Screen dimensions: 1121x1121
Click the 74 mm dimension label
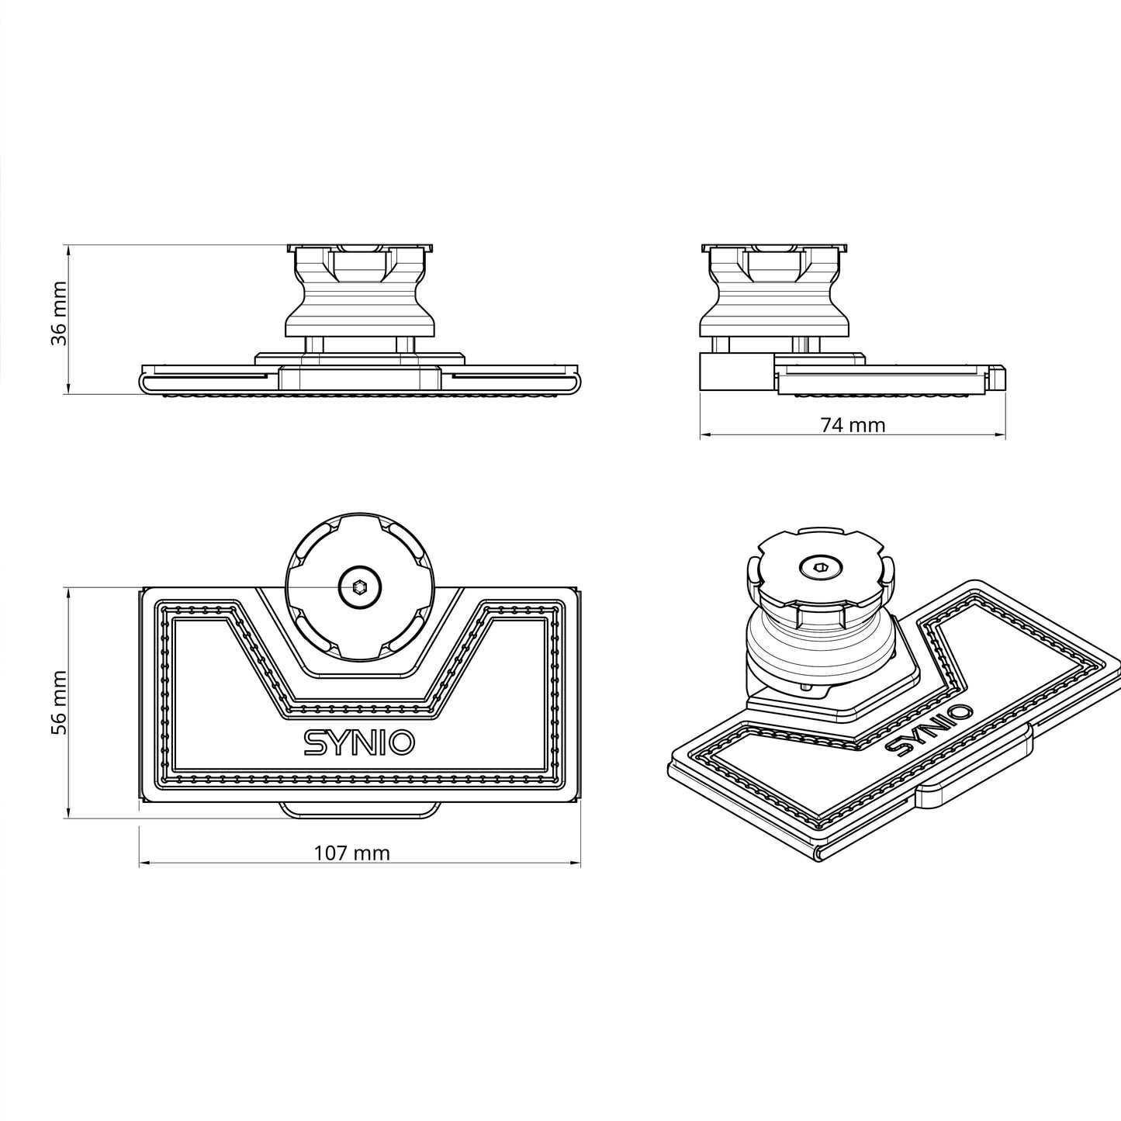pos(853,424)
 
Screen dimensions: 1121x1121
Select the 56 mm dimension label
pos(59,702)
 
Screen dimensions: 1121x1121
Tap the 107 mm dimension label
pos(351,853)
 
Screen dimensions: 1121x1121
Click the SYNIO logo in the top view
pos(358,742)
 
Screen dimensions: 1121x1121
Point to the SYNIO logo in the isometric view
pos(928,729)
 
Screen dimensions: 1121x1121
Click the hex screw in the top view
pos(359,587)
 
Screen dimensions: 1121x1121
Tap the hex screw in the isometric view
pos(820,569)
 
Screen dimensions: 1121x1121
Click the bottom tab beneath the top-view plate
pos(359,810)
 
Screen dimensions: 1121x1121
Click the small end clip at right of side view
pos(998,377)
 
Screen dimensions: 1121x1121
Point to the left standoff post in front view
pos(314,344)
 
